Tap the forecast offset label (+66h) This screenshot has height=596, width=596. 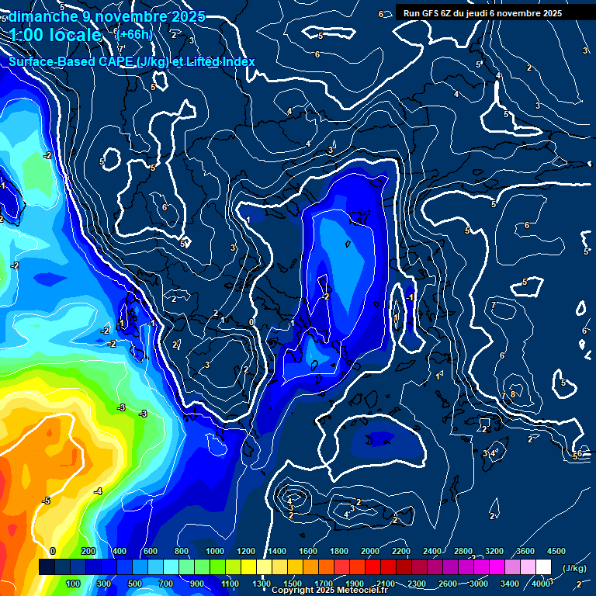[134, 34]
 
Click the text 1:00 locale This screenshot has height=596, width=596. [55, 36]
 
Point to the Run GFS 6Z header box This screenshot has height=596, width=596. [483, 13]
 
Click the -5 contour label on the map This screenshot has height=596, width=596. [46, 501]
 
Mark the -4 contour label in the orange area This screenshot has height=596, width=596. [98, 491]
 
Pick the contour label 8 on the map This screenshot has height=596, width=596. [512, 394]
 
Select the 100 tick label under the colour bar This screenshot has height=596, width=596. [73, 584]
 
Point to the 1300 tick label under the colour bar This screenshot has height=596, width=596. [261, 584]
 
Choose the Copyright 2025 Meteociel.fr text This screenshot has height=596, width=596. [329, 591]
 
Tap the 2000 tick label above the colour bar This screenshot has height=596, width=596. [369, 551]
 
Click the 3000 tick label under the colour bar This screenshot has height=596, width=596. [479, 584]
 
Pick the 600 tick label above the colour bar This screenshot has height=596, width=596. [151, 551]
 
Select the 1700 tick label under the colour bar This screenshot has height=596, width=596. [323, 584]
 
